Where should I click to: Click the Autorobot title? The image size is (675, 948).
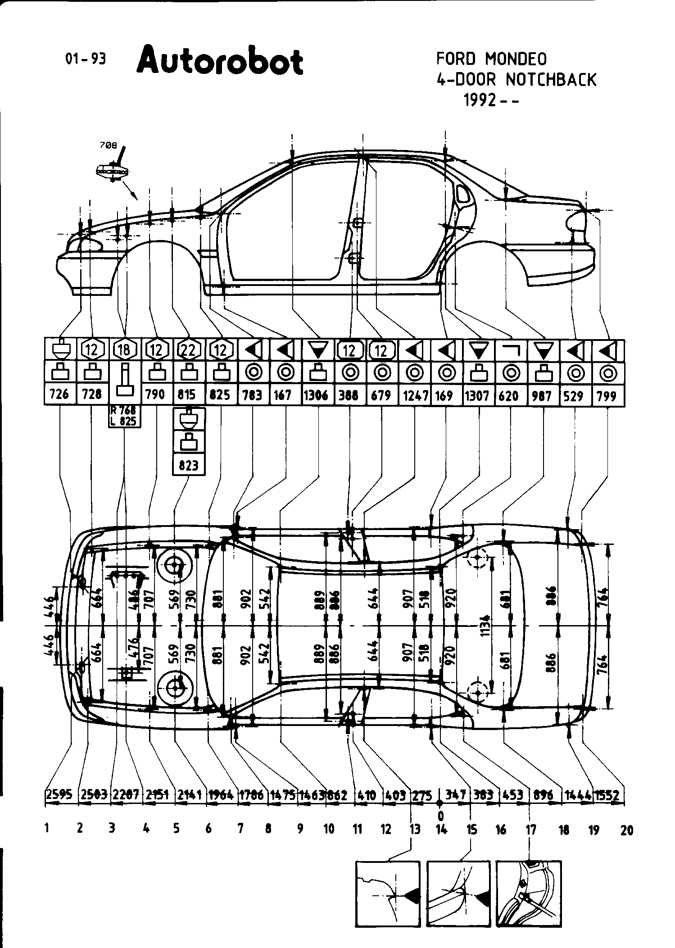[x=220, y=61]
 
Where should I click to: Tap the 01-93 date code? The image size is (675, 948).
[x=86, y=59]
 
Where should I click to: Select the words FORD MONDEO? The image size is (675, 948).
[x=491, y=59]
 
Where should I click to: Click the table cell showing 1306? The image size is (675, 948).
[x=319, y=395]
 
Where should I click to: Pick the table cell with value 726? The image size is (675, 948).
[x=59, y=394]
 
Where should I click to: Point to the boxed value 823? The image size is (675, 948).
[x=188, y=464]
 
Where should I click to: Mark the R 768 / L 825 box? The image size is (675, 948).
[x=124, y=416]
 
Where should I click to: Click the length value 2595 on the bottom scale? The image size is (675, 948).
[x=59, y=795]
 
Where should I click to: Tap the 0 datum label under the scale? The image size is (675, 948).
[x=441, y=816]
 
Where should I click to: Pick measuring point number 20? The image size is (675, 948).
[x=626, y=830]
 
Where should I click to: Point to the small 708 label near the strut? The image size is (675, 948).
[x=108, y=145]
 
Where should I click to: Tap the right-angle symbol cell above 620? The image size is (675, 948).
[x=511, y=349]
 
